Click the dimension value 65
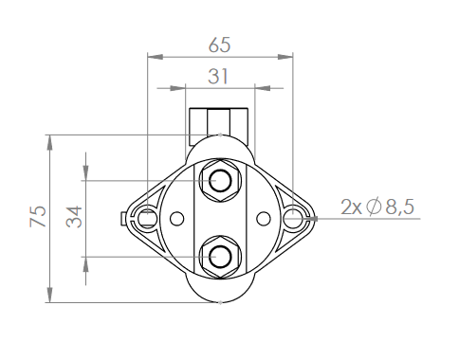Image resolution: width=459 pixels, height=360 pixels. [219, 45]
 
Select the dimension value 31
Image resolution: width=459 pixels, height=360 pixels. [218, 77]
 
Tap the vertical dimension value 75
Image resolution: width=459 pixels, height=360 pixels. [38, 216]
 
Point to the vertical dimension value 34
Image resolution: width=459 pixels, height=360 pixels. [74, 217]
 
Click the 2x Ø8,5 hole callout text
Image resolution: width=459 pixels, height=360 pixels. [377, 207]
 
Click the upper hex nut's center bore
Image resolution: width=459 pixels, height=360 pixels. [220, 181]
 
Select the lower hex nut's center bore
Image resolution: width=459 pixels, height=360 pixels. [220, 257]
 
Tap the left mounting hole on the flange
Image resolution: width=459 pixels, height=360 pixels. [148, 218]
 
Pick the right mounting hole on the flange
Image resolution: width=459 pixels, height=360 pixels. [293, 218]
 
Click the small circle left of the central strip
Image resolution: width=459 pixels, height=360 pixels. [177, 219]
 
